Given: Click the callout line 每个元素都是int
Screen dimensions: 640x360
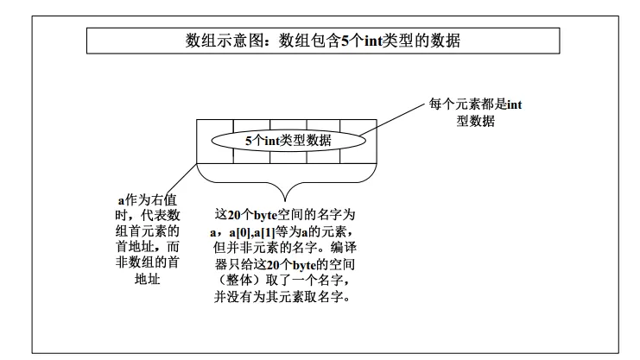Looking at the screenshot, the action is [475, 104].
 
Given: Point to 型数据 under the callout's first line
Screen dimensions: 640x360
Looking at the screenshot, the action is [476, 121].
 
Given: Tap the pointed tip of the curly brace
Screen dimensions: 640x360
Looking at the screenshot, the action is [283, 194].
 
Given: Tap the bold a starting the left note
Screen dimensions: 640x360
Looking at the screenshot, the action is [121, 199].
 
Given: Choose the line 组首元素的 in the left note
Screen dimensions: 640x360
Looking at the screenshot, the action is [148, 231].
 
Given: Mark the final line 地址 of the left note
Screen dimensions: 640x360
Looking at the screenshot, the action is [148, 280].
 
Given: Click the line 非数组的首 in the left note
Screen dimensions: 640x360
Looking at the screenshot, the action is [148, 263].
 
